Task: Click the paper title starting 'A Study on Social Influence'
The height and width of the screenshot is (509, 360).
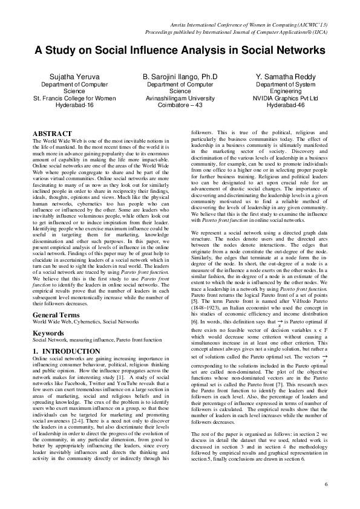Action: pos(180,51)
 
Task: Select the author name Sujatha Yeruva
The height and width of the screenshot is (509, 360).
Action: pos(74,77)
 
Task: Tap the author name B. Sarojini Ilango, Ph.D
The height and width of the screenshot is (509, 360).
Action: pos(180,77)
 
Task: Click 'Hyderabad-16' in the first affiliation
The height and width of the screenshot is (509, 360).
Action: pos(74,105)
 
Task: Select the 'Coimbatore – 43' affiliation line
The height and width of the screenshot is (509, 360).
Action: pos(180,105)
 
